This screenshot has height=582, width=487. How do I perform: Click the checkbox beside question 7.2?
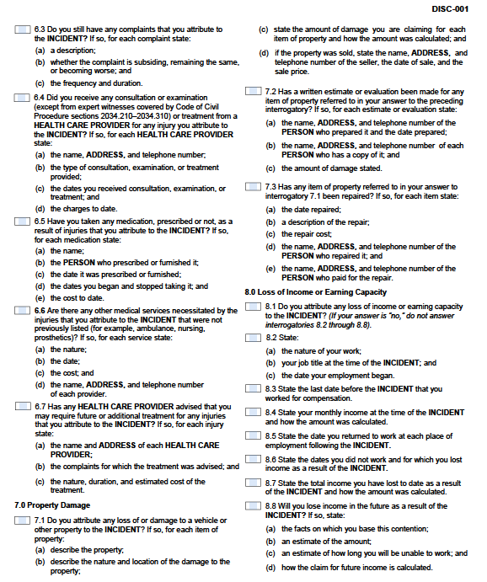tap(254, 91)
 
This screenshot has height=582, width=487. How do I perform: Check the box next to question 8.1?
tap(254, 306)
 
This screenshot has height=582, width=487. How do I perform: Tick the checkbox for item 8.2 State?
tap(254, 337)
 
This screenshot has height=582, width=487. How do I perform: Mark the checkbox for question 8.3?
tap(254, 388)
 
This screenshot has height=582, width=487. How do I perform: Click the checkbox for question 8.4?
tap(254, 412)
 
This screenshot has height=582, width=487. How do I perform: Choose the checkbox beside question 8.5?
tap(254, 435)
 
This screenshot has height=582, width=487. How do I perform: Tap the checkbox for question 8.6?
tap(254, 459)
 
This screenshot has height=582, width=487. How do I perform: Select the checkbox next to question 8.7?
tap(254, 483)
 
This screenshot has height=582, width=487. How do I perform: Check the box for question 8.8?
tap(254, 506)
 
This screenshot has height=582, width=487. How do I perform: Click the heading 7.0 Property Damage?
tap(52, 505)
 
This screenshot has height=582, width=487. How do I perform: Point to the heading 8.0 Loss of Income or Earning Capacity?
tap(315, 291)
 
